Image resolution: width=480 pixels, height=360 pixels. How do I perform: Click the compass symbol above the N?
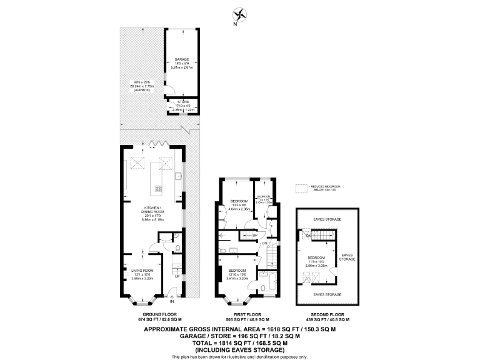point(239,14)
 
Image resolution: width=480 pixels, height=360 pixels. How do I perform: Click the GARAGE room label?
point(182,59)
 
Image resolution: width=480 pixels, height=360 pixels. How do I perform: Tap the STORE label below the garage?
point(182,101)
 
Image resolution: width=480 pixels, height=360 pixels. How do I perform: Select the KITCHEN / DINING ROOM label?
point(152,207)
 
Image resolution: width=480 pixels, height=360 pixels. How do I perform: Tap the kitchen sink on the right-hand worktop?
point(177,176)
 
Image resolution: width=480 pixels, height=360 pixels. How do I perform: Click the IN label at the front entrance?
point(171,302)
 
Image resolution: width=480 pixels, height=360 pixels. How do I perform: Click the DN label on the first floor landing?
point(264,243)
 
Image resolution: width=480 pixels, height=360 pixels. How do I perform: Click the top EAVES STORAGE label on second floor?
point(326,220)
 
